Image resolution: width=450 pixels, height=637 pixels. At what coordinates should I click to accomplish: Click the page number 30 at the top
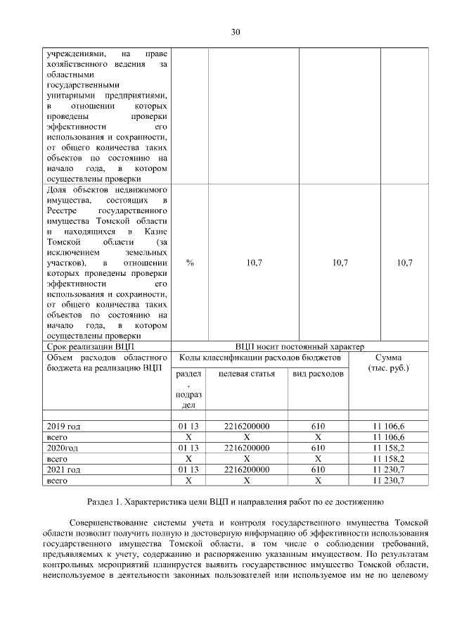(x=236, y=32)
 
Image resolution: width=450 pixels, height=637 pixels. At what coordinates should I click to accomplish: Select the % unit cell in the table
(x=190, y=263)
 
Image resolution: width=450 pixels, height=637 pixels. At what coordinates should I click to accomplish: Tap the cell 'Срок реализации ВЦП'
(x=89, y=347)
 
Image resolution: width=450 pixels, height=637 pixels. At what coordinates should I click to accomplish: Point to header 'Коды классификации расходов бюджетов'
(x=260, y=358)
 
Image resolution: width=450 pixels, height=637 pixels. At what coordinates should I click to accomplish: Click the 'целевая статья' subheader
(x=247, y=373)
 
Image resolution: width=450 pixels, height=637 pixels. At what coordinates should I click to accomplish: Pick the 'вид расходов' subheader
(x=318, y=373)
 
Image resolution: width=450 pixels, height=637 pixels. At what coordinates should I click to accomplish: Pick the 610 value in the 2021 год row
(x=318, y=469)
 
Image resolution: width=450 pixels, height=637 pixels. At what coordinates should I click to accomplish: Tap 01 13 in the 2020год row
(x=190, y=448)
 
